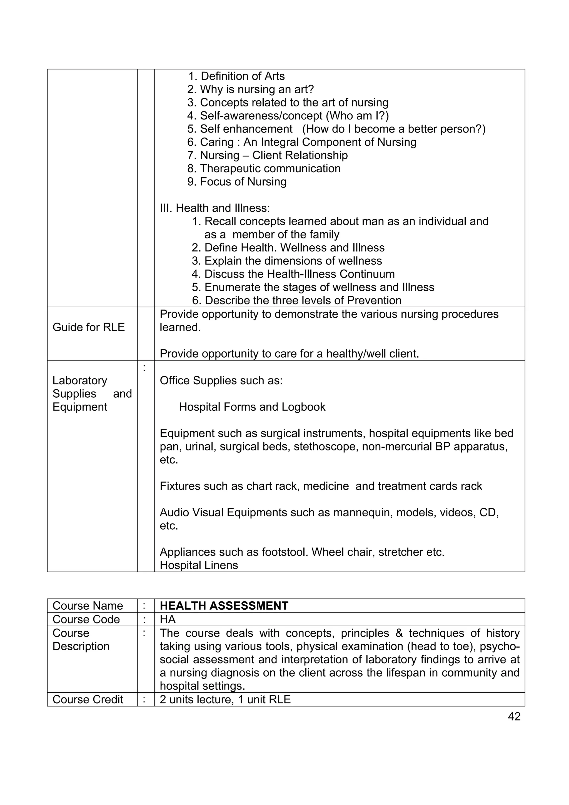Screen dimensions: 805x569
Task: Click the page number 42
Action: pos(514,717)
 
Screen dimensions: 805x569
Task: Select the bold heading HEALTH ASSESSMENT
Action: pos(224,606)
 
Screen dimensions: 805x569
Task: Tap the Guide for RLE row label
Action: pos(88,327)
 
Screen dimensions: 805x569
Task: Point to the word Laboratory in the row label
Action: pos(79,380)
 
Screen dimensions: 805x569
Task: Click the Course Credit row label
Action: pos(88,699)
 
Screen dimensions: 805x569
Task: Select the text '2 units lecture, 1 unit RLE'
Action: pos(225,699)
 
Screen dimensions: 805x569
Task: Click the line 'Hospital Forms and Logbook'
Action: pos(252,407)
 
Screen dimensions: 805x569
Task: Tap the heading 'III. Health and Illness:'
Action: pos(214,208)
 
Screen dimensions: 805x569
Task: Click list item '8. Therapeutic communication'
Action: pos(264,168)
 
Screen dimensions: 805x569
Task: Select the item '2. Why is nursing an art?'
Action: pos(250,89)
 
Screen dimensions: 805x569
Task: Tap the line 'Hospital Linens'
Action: pos(198,565)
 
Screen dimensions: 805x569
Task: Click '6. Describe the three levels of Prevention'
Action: pos(296,300)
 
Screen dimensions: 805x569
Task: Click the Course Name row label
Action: pos(88,606)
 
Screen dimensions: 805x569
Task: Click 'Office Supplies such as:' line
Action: pos(221,380)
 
